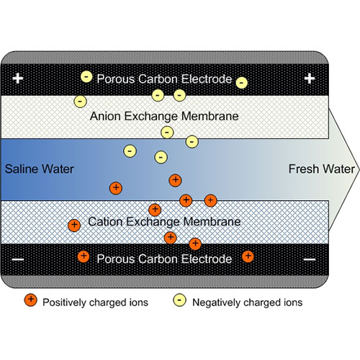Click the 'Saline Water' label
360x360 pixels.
click(39, 169)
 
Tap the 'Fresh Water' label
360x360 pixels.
click(321, 169)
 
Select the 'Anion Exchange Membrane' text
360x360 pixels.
click(164, 117)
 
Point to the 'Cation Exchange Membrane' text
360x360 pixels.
click(164, 222)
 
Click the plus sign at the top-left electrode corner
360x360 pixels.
click(18, 78)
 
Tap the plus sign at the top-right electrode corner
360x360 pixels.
click(310, 78)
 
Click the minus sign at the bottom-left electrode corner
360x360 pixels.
click(18, 259)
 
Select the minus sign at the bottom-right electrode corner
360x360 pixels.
click(310, 259)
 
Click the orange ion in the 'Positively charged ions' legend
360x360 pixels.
click(31, 300)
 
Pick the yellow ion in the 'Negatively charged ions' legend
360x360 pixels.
click(179, 300)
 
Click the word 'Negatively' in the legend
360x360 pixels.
click(216, 302)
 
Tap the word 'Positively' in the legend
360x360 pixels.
click(65, 302)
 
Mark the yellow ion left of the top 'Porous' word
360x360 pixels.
click(86, 77)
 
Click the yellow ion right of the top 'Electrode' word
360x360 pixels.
click(242, 83)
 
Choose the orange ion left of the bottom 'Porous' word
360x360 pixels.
click(84, 256)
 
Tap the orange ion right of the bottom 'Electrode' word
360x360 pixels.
click(248, 256)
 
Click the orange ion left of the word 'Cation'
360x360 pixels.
click(74, 225)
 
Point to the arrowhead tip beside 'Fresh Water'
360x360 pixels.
click(359, 169)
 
